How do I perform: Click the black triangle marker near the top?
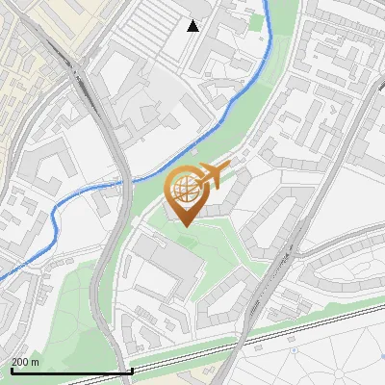[193, 26]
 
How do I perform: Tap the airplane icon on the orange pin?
[213, 176]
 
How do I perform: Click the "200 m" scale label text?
[26, 362]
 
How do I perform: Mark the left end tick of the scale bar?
[12, 371]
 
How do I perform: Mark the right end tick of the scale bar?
[132, 371]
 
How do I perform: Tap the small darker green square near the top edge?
[255, 18]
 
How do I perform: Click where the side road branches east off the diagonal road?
[301, 252]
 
